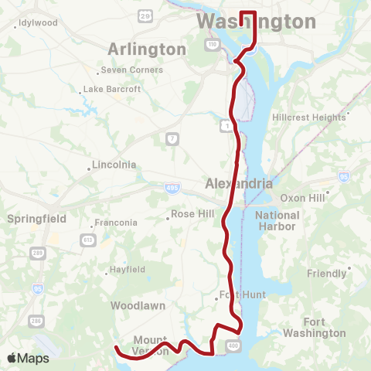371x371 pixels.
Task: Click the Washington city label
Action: coord(256,22)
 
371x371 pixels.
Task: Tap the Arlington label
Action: coord(147,49)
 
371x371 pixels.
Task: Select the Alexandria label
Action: coord(239,184)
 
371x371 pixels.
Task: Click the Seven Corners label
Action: coord(133,70)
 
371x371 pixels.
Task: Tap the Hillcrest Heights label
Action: coord(308,117)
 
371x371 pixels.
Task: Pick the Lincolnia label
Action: coord(114,165)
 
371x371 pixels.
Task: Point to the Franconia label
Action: coord(116,223)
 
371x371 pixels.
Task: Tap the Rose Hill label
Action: coord(192,214)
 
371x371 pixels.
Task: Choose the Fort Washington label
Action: coord(314,327)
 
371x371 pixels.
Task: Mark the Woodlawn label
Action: coord(138,305)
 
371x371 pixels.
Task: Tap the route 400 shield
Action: coord(232,342)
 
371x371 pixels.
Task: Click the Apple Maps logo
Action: coord(28,358)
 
